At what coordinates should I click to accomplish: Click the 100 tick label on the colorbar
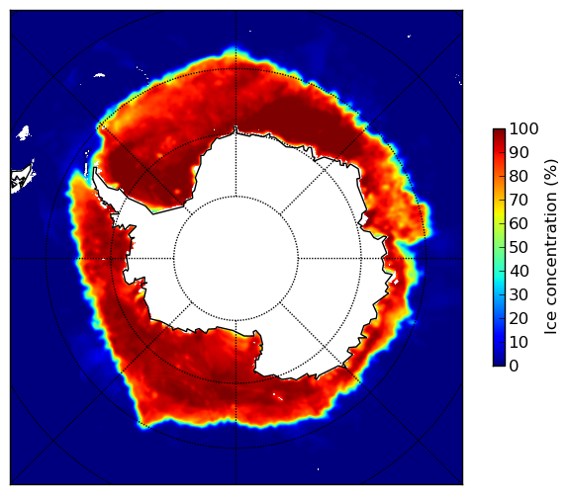pos(523,129)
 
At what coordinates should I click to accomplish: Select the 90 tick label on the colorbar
pos(519,152)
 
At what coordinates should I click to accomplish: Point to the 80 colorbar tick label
pos(519,177)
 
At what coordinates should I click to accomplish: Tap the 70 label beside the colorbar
pos(519,200)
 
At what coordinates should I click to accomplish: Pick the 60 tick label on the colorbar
pos(519,223)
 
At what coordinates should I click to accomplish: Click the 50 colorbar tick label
pos(519,248)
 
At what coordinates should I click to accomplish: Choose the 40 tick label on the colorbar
pos(519,271)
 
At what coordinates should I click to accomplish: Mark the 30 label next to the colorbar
pos(519,295)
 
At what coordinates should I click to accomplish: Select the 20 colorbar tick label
pos(519,318)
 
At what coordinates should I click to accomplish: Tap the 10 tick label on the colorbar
pos(519,342)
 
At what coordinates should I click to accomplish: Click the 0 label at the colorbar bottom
pos(514,367)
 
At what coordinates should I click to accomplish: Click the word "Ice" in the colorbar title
pos(551,325)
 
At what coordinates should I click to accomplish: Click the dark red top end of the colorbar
pos(499,131)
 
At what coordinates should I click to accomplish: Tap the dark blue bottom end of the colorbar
pos(499,364)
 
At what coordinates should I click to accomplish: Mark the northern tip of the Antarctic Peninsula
pos(95,169)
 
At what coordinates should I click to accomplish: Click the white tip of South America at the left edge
pos(23,178)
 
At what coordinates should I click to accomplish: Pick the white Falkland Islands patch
pos(24,132)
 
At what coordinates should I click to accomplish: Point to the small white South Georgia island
pos(99,75)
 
